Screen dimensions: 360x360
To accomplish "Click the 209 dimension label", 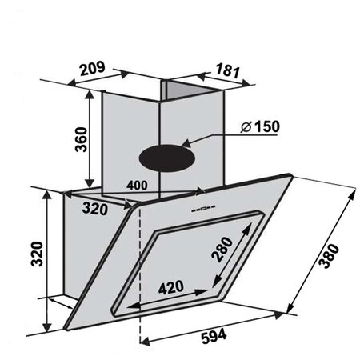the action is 93,69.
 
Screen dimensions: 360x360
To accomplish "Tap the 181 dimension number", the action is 227,70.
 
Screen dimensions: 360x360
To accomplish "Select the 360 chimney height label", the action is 81,139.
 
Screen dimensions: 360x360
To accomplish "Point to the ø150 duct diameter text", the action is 260,126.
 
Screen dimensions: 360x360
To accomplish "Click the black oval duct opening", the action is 167,158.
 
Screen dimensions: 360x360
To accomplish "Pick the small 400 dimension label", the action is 137,186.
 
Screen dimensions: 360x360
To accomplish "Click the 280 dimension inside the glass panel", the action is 222,250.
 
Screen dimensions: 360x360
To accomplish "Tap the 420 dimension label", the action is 171,287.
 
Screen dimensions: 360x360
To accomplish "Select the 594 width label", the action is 214,336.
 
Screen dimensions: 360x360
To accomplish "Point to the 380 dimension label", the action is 329,256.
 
